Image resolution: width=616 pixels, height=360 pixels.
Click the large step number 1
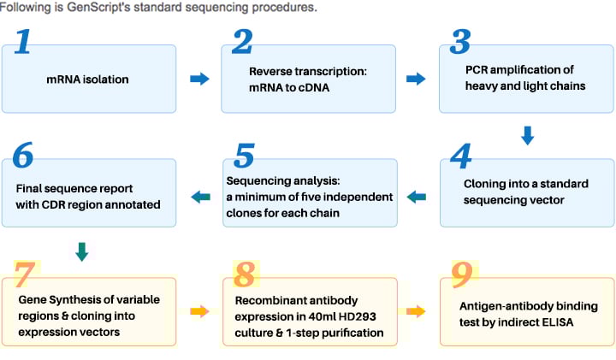(23, 41)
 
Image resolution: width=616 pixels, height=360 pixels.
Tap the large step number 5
(244, 155)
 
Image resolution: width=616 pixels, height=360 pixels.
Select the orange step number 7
(26, 274)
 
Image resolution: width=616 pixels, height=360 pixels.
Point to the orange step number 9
(462, 274)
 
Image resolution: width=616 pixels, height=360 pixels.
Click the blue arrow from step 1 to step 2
(199, 79)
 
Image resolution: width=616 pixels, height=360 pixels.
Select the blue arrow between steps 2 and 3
(416, 79)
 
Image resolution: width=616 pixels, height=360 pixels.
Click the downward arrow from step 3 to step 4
(527, 135)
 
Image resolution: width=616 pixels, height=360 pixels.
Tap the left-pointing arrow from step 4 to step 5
(417, 197)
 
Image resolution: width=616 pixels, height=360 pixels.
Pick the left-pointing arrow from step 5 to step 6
(200, 197)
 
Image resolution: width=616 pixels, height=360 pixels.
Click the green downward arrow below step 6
(82, 252)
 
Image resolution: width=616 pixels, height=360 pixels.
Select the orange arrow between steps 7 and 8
(199, 312)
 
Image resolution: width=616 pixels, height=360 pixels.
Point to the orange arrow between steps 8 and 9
(416, 312)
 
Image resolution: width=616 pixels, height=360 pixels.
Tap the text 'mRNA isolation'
(87, 80)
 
